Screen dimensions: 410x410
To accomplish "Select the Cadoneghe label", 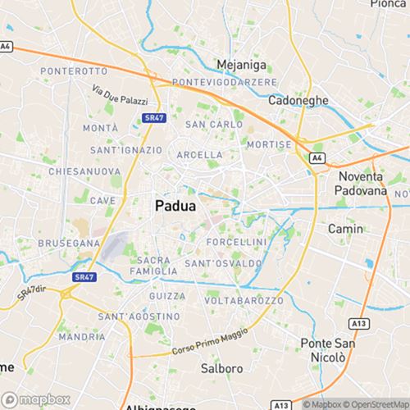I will [x=298, y=100].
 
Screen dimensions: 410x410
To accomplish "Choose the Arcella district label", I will [x=199, y=154].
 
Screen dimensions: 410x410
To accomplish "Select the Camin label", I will [x=345, y=230].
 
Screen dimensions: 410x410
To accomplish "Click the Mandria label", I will [x=82, y=336].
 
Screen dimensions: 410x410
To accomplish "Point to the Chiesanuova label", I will [x=79, y=172].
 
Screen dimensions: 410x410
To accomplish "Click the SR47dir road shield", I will [x=30, y=291].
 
